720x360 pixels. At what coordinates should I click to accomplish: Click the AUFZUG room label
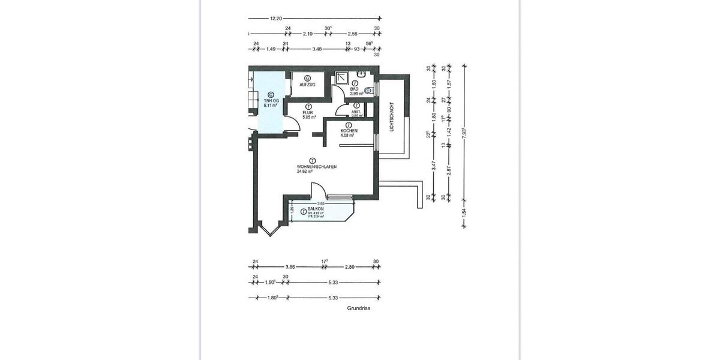307,85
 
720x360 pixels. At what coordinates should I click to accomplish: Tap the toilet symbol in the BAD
368,91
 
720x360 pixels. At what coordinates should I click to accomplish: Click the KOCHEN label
349,131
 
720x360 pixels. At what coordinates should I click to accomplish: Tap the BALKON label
316,209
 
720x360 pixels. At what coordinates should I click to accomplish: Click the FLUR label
308,113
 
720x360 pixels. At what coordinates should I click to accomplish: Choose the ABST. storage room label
356,112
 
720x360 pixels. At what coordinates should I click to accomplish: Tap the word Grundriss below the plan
358,308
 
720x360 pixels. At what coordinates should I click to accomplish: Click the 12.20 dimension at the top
276,19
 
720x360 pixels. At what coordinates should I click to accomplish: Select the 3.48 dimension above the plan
317,49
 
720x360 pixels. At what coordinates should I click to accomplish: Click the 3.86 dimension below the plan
290,266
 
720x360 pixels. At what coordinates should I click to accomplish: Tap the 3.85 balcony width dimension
321,203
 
